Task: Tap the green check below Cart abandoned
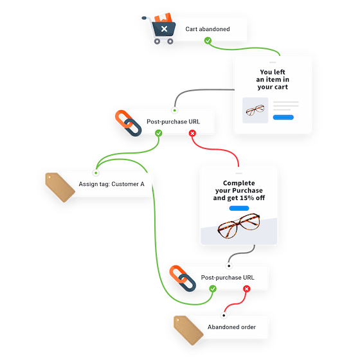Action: coord(208,41)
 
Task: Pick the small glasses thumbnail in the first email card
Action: coord(254,111)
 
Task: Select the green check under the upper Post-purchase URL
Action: coord(159,133)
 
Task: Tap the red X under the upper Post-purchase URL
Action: coord(192,133)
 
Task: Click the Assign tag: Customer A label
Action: coord(111,184)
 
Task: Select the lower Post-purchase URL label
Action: coord(227,277)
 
